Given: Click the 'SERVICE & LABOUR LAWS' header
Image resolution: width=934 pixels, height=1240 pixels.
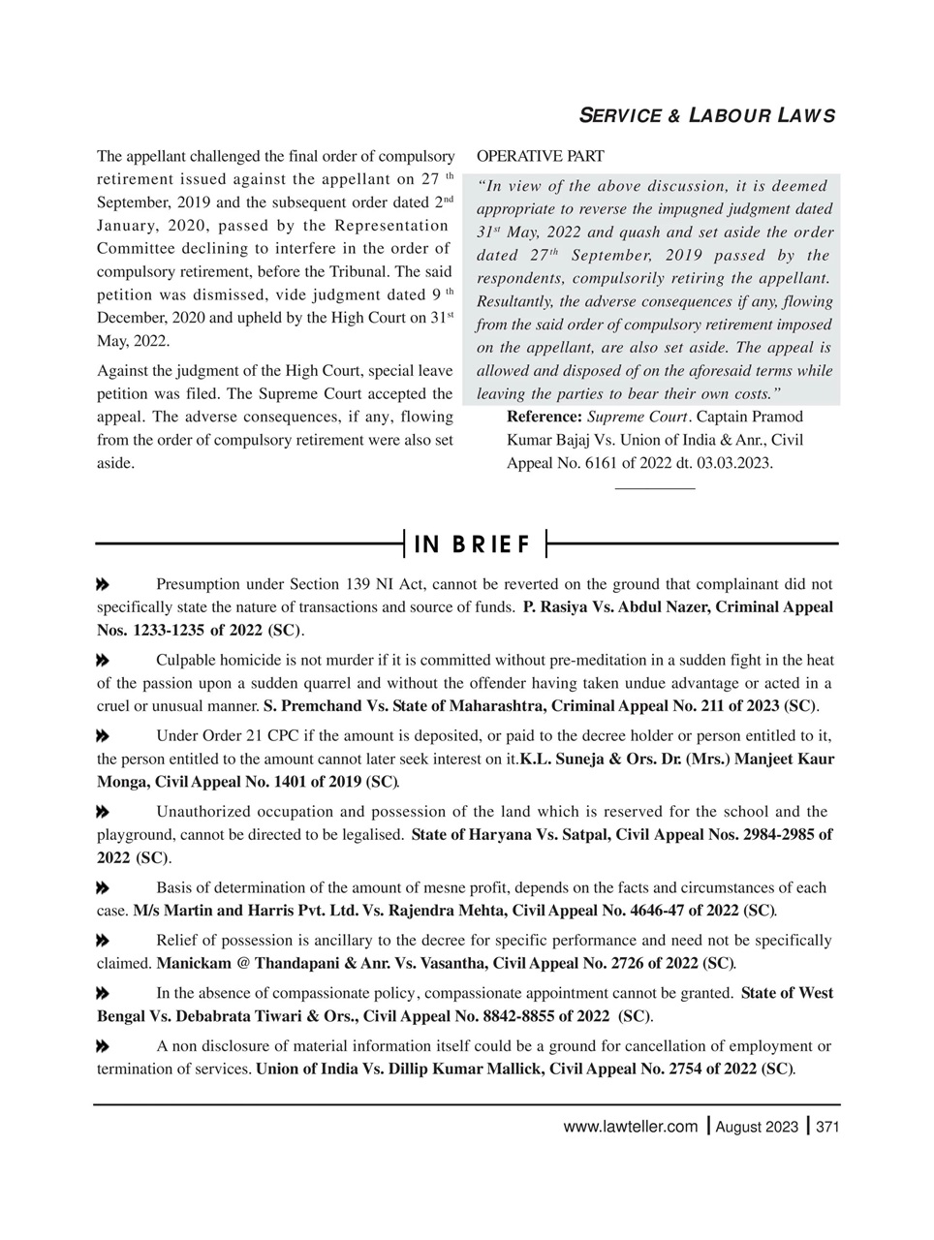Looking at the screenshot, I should coord(706,116).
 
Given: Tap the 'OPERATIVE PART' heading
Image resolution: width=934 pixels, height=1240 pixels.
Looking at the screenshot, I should coord(541,156).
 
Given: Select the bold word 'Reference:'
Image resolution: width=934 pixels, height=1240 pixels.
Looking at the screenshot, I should coord(545,417).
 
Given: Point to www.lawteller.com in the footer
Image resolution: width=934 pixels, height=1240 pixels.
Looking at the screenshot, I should coord(630,1127).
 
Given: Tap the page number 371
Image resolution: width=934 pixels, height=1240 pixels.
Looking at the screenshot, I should coord(826,1127).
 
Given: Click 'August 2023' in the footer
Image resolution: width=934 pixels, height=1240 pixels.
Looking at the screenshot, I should coord(757,1127).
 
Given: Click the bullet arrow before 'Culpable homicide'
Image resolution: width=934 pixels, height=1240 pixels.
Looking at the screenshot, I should coord(102,661).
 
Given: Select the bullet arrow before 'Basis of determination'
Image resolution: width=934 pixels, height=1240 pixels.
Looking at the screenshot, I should coord(102,888).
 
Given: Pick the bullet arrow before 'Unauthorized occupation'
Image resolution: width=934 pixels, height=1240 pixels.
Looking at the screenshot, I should coord(102,812).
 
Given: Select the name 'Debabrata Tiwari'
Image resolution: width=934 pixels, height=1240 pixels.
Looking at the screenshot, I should coord(213,1017).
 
